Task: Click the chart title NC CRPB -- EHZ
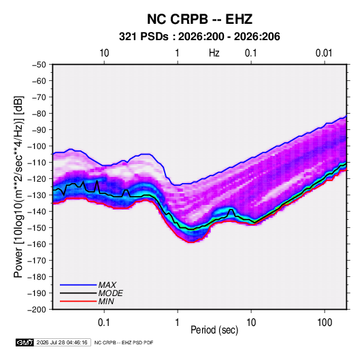coord(199,19)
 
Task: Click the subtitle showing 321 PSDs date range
coord(199,37)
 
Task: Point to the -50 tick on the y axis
coord(39,65)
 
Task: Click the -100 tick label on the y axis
coord(37,146)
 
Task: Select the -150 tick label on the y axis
coord(37,228)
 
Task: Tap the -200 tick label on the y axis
coord(37,310)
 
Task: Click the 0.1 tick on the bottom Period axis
coord(104,323)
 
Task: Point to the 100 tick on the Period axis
coord(325,323)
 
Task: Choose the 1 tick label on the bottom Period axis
coord(178,323)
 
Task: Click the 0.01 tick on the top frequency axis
coord(324,53)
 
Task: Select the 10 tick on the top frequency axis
coord(104,53)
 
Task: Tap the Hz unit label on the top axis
coord(214,53)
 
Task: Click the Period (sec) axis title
coord(214,330)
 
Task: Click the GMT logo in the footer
coord(25,342)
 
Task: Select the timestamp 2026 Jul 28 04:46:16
coord(62,342)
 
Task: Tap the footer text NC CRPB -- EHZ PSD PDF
coord(124,342)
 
